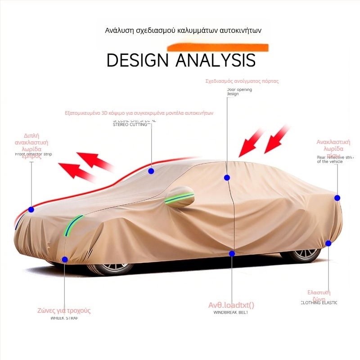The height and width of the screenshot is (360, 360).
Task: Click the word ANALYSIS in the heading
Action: pos(215,60)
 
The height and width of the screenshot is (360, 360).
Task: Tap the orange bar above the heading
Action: pos(218,47)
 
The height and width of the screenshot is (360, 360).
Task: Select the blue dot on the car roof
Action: pos(151,171)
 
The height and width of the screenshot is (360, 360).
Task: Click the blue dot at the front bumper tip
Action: pos(31,209)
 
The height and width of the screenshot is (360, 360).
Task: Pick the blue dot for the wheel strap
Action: pos(65,259)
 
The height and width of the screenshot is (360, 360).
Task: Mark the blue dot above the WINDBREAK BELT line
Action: pos(232,254)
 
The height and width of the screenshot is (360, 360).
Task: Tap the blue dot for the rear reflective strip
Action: pos(337,198)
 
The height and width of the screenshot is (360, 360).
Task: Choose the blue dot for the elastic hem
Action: pos(328,243)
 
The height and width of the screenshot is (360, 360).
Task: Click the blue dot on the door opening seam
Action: pos(227,178)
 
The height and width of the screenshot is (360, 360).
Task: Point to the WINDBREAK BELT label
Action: pos(231,312)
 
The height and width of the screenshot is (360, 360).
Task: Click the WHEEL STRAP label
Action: pos(64,318)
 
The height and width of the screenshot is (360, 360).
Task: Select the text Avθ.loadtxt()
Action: pos(231,305)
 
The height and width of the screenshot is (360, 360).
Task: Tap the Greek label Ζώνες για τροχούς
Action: pos(64,310)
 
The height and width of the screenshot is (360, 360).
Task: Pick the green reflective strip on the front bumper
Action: pos(72,225)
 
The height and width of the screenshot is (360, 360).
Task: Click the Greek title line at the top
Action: pos(183,31)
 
